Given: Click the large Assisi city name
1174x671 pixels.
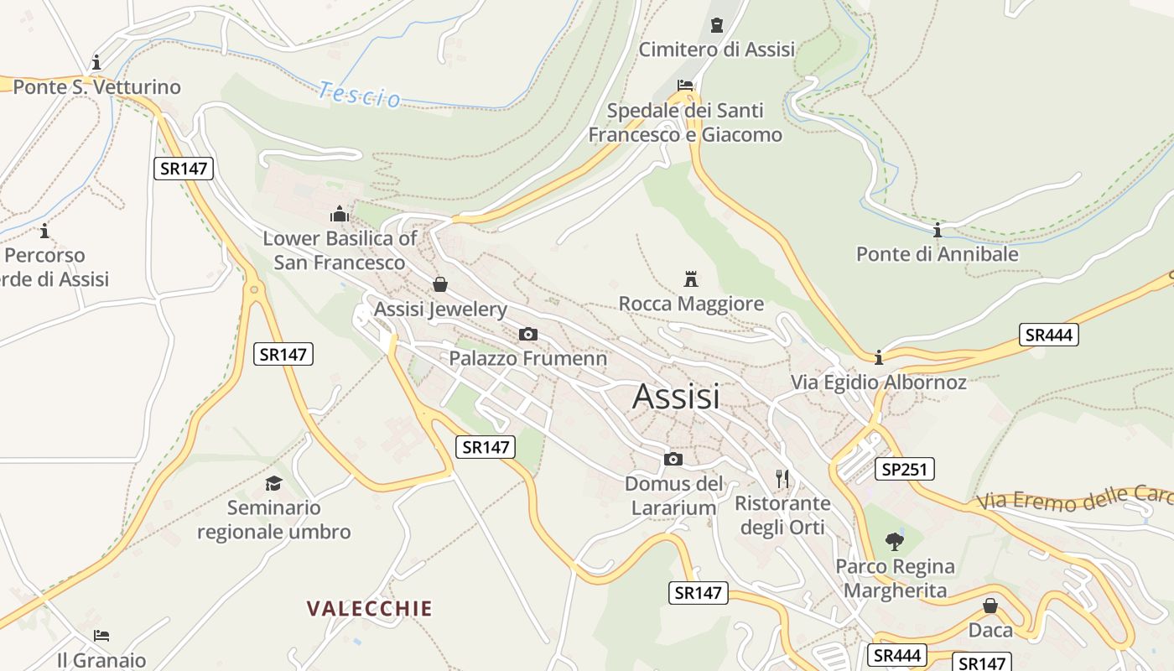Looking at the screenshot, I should pos(677,396).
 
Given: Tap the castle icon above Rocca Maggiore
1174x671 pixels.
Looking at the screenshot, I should pos(691,278).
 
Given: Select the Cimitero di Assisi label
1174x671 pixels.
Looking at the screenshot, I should pos(716,49).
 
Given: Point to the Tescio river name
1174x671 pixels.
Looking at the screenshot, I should pos(360,94).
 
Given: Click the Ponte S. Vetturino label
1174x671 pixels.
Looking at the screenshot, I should pos(96,86).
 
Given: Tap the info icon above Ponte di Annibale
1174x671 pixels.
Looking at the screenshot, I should pos(938,230).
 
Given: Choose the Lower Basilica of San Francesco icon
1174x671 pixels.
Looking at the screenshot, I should pos(340,214).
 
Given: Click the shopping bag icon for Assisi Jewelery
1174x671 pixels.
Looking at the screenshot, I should pos(440,285).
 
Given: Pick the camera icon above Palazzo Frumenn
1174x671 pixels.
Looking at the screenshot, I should pos(527,334).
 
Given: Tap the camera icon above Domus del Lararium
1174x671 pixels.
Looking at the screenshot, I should pos(673,459).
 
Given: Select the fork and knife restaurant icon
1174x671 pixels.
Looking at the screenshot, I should pos(782,479).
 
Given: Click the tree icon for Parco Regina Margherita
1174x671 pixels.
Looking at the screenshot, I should pos(895,541).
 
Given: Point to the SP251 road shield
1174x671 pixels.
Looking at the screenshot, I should pos(904,469).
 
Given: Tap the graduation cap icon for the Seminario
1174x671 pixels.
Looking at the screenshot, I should pos(273,483).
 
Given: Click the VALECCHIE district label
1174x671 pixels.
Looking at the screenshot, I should pos(370,608).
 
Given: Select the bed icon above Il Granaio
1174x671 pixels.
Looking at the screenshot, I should pos(101,635).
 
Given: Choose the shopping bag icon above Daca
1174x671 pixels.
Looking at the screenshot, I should pos(990,606).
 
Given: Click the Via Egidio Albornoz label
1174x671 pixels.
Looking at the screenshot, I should pos(878,382).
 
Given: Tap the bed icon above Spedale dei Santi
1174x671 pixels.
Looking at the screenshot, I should pos(685,85).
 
